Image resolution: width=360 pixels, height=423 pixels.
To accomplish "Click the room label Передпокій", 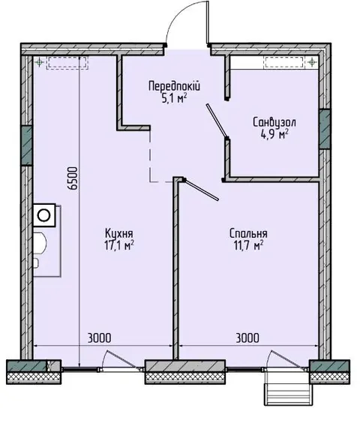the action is (x=174, y=86).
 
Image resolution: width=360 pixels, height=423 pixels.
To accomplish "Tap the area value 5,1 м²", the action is (x=174, y=98).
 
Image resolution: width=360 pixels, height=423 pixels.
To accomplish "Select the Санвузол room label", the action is (x=274, y=122).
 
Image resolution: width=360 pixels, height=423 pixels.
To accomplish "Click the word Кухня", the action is (x=119, y=233).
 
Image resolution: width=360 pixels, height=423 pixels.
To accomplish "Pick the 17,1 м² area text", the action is (x=119, y=245).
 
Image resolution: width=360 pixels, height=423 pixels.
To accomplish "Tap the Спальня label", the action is (x=248, y=233).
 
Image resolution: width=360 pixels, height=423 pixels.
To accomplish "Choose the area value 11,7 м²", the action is (x=248, y=245).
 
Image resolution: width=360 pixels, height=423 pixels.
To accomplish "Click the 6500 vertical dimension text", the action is (x=73, y=178).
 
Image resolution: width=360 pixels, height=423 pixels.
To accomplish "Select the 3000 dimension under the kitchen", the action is (x=99, y=337).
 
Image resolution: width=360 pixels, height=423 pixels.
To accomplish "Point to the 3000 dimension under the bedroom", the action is (x=247, y=337).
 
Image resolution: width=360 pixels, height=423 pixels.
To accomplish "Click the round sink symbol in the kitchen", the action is (x=44, y=215).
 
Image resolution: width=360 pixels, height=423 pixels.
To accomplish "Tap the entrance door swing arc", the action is (x=178, y=18).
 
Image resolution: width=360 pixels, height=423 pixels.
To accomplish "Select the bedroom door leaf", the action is (x=201, y=190).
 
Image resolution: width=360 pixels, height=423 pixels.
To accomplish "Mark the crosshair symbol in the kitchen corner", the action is (x=40, y=62).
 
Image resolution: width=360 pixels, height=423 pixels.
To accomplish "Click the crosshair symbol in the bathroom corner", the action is (x=312, y=62).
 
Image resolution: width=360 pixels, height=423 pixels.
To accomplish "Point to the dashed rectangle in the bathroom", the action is (x=284, y=62).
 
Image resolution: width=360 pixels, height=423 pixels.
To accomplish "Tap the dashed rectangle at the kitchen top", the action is (x=67, y=62).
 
